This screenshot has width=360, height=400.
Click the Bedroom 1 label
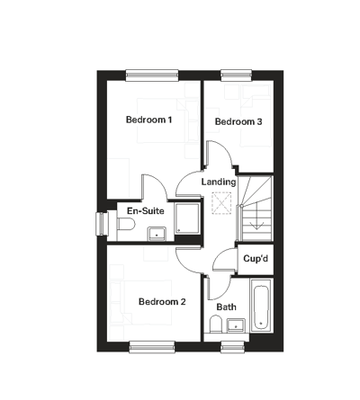[149, 120]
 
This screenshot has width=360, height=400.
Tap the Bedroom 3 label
[238, 121]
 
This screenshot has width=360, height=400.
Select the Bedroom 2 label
[162, 301]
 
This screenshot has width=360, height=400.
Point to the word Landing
[219, 182]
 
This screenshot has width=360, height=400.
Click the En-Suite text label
[146, 211]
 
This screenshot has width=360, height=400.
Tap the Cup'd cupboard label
[255, 260]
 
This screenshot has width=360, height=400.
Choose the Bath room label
[226, 307]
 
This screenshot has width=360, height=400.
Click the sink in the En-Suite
[157, 232]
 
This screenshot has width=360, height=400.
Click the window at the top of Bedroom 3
[236, 76]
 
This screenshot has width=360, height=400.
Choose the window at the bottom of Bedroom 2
[151, 345]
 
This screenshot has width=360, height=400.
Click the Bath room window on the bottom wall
[233, 345]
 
